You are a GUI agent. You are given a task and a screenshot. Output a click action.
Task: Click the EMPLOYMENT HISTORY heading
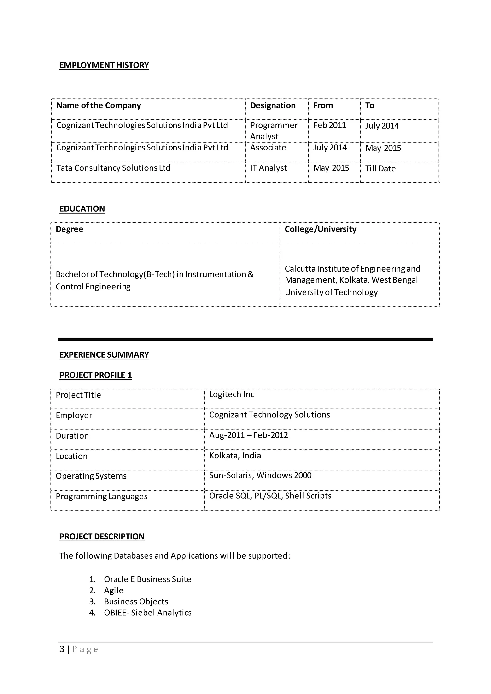[104, 65]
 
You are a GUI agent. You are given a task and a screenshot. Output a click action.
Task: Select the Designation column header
[273, 105]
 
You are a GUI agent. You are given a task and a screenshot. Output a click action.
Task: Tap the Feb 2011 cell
[330, 125]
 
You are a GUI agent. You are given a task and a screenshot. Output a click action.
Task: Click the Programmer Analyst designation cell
[274, 131]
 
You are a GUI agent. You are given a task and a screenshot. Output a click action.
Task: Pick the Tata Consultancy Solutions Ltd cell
[113, 168]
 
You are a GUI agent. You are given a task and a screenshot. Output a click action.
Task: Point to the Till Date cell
[380, 168]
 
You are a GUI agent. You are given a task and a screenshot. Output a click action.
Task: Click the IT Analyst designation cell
[268, 168]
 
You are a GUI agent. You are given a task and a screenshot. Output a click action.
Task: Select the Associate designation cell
[268, 148]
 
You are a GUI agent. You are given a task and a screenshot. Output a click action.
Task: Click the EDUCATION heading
[82, 209]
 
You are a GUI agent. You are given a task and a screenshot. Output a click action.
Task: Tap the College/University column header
[321, 229]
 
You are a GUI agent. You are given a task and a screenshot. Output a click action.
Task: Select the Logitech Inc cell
[232, 394]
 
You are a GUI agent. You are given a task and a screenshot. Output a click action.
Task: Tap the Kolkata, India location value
[235, 456]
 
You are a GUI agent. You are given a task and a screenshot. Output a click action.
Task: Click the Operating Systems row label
[91, 476]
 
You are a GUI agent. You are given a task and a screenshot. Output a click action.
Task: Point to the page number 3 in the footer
[62, 649]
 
